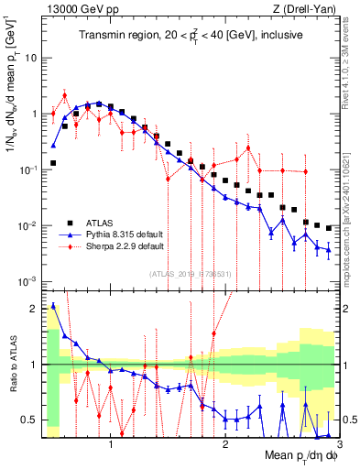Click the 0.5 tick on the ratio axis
tap(31, 420)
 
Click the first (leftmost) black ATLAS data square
tap(53, 163)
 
